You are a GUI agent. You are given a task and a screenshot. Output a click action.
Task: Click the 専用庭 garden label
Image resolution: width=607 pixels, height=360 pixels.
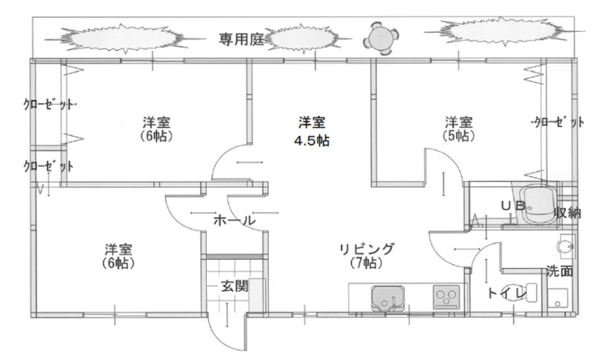click(240, 39)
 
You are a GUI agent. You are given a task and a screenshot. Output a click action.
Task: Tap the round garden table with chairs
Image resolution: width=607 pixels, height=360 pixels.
click(380, 36)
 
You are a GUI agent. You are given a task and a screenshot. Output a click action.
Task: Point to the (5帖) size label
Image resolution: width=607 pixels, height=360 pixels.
click(457, 135)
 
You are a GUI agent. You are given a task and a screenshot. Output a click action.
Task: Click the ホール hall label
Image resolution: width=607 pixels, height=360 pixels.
click(235, 221)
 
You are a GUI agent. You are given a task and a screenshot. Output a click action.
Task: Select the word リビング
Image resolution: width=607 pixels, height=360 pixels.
click(369, 248)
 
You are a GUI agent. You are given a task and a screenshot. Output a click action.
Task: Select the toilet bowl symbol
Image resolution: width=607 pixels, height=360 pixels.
click(529, 293)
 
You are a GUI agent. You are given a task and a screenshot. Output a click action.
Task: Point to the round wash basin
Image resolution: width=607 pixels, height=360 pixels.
click(563, 244)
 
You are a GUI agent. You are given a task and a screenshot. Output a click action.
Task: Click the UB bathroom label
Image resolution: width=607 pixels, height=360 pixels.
click(514, 206)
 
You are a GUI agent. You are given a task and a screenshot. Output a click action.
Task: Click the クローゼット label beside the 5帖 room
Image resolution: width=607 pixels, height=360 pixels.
click(559, 122)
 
